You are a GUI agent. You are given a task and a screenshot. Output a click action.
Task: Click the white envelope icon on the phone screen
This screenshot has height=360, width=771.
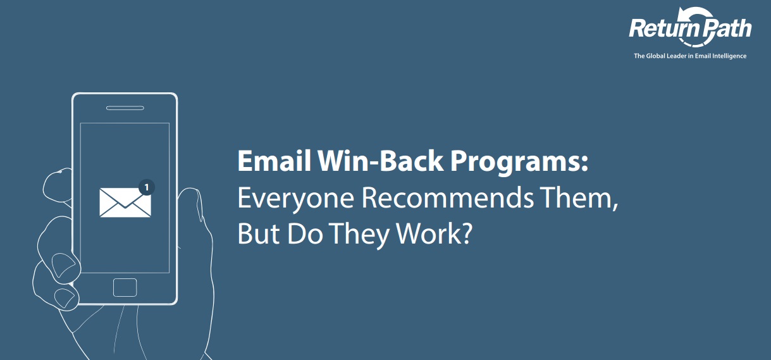[125, 202]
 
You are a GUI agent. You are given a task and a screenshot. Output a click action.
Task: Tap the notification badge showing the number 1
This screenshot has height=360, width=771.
[147, 187]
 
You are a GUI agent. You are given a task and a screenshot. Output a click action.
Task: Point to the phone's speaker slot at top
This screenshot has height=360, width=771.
[125, 108]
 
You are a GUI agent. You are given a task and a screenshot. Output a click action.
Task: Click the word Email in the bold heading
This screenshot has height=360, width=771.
[274, 161]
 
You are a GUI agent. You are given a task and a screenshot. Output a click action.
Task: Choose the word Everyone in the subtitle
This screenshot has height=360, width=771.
[296, 199]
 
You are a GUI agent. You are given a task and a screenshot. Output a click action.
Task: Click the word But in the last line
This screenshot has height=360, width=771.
[259, 233]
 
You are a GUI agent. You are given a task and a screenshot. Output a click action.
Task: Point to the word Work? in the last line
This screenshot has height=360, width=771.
[435, 233]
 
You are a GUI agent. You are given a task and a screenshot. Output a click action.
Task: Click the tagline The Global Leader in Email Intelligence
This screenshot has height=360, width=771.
[690, 56]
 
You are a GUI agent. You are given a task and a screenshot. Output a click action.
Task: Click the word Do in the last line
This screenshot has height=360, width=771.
[305, 233]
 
